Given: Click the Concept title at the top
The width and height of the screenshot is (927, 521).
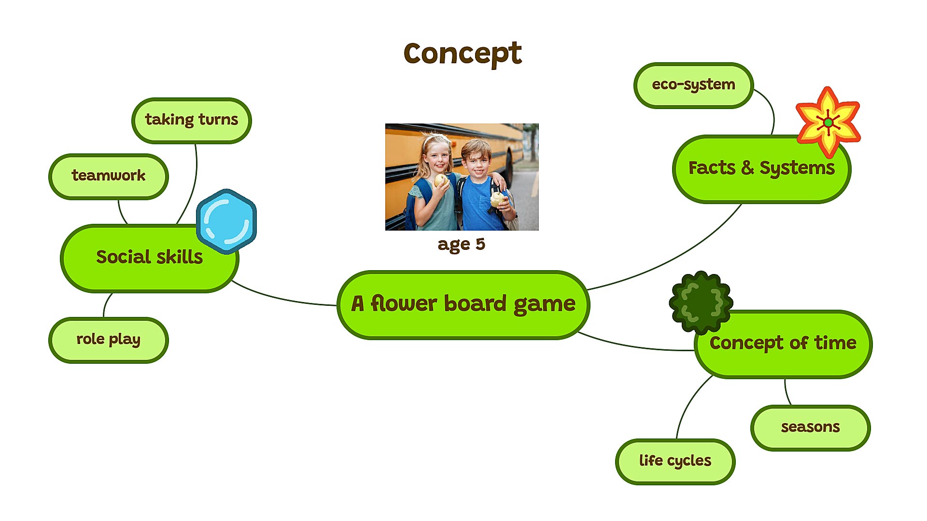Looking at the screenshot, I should pyautogui.click(x=463, y=53).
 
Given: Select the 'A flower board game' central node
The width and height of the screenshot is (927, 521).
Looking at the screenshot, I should pyautogui.click(x=463, y=304).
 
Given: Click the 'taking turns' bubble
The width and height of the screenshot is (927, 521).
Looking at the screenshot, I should pyautogui.click(x=191, y=120).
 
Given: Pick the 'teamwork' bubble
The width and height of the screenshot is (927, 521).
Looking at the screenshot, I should pyautogui.click(x=108, y=176).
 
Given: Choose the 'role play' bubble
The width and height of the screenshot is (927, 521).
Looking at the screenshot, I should pyautogui.click(x=108, y=340).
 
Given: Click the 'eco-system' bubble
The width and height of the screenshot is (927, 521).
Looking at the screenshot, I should pyautogui.click(x=693, y=85).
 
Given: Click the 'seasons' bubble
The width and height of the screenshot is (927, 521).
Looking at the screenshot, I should pyautogui.click(x=810, y=427).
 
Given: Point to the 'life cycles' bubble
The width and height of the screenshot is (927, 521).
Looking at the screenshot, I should pyautogui.click(x=675, y=461).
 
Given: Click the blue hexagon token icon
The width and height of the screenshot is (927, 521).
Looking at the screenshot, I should pyautogui.click(x=226, y=221).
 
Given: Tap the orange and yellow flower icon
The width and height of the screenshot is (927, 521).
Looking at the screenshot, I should pyautogui.click(x=828, y=122).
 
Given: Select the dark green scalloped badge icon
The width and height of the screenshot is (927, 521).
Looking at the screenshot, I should pyautogui.click(x=701, y=302).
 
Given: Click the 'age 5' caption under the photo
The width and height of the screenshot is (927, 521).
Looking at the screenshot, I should pyautogui.click(x=461, y=244).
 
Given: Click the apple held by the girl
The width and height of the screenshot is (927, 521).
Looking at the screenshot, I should pyautogui.click(x=440, y=180).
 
